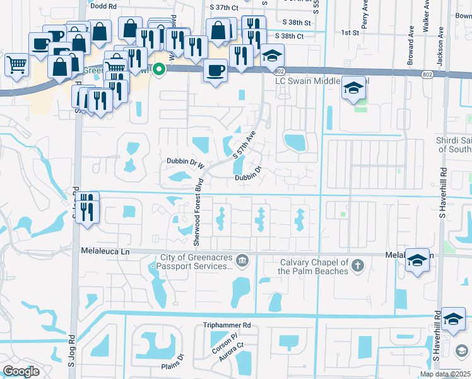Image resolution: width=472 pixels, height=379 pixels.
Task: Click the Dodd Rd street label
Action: click(104, 6)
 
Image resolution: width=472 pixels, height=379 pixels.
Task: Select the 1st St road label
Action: click(350, 32)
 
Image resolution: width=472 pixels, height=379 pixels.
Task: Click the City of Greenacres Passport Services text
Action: click(193, 262)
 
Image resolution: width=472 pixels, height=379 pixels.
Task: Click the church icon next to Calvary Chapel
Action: click(358, 265)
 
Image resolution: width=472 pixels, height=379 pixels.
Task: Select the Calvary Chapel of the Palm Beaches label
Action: click(313, 267)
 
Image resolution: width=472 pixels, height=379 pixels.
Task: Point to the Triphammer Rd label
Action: click(227, 325)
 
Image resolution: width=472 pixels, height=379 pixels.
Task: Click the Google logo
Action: click(21, 371)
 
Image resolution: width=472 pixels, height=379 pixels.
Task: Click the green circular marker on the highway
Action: click(160, 69)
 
